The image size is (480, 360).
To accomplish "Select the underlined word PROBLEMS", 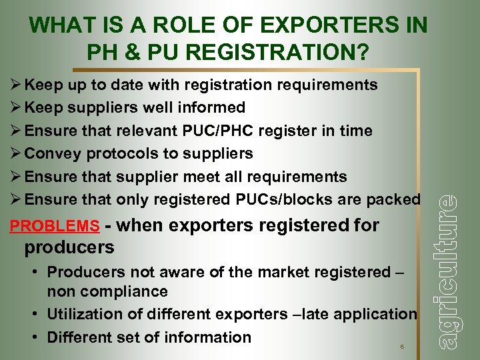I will click(55, 226).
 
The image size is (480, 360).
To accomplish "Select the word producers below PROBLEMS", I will click(69, 248).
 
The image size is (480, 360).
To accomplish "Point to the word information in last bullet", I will click(210, 337).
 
